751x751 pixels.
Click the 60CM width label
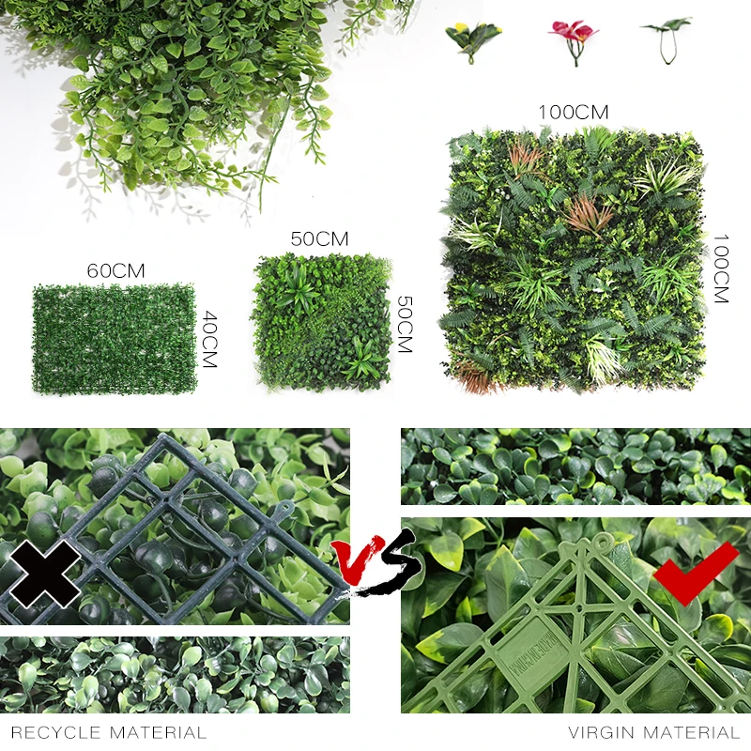pyautogui.click(x=115, y=270)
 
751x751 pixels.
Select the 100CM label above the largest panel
pyautogui.click(x=573, y=113)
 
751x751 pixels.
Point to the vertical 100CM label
pyautogui.click(x=720, y=268)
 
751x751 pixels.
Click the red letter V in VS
pyautogui.click(x=354, y=562)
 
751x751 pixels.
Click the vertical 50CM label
pyautogui.click(x=404, y=324)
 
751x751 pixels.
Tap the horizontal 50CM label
pyautogui.click(x=320, y=238)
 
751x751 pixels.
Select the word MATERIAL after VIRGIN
pyautogui.click(x=694, y=732)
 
